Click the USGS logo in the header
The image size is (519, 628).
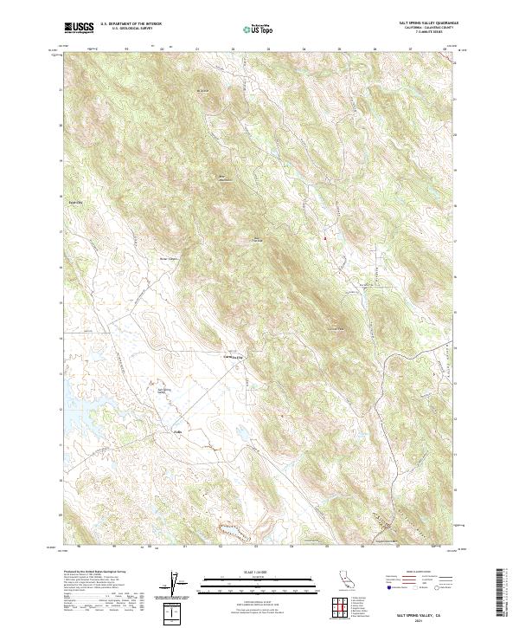point(79,28)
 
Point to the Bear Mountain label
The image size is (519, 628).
point(221,178)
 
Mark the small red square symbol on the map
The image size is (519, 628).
point(325,237)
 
